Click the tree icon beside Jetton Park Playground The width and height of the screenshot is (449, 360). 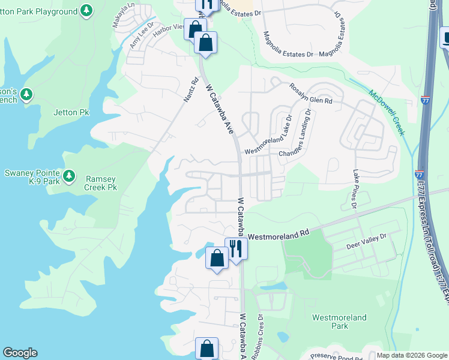click(x=87, y=10)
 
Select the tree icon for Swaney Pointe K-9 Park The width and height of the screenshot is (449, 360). click(x=70, y=175)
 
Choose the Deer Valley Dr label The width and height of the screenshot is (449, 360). click(x=366, y=242)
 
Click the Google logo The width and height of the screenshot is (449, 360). click(x=20, y=353)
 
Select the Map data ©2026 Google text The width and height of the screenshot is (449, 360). click(x=411, y=355)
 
